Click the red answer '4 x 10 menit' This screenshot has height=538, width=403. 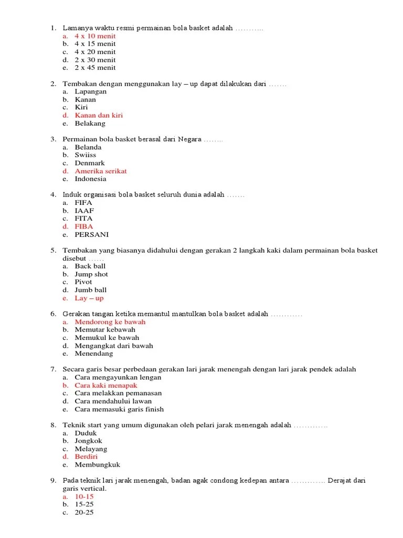click(95, 36)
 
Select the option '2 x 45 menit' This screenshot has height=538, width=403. click(95, 68)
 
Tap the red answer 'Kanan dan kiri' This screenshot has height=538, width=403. click(99, 115)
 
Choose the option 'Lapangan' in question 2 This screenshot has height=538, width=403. click(90, 91)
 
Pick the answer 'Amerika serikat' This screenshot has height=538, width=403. click(101, 171)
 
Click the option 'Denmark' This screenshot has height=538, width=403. click(90, 163)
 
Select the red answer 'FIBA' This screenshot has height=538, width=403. click(84, 226)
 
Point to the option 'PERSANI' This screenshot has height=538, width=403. click(91, 235)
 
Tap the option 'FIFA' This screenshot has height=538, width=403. click(83, 202)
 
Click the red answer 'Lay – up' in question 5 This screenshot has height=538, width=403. click(89, 298)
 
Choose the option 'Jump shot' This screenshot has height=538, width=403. click(91, 274)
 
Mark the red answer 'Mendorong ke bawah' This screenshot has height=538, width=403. click(110, 322)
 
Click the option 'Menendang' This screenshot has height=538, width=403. click(94, 354)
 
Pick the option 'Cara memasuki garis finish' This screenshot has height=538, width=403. click(119, 409)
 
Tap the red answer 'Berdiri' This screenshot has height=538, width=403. click(86, 457)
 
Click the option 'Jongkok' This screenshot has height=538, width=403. click(88, 441)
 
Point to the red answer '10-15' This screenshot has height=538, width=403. click(84, 496)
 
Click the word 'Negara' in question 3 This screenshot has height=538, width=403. click(189, 139)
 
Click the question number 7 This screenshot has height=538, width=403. click(53, 369)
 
